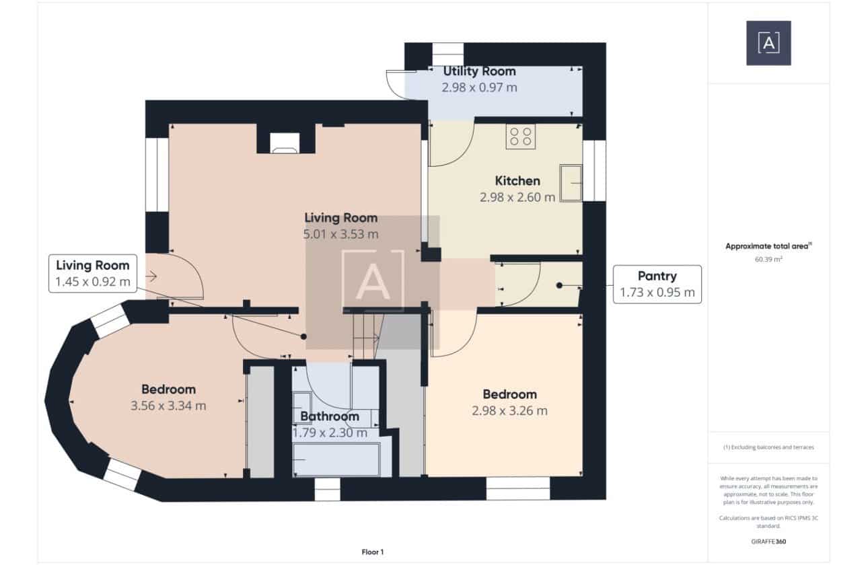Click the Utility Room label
(479, 71)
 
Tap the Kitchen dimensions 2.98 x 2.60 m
(517, 197)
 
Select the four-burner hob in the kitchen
(520, 137)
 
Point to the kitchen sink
(571, 183)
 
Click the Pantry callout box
(657, 285)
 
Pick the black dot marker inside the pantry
(559, 285)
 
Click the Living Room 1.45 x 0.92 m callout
(93, 273)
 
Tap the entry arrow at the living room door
(151, 276)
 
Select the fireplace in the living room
(285, 143)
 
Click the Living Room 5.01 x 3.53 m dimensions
(340, 234)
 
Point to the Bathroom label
(330, 416)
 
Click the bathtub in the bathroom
(336, 459)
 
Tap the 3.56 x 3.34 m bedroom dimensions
(168, 406)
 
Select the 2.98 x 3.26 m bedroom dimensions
(509, 410)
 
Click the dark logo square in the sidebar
(768, 43)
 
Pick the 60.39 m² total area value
(768, 259)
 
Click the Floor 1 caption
(372, 552)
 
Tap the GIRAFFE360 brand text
(768, 541)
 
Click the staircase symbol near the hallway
(366, 336)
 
